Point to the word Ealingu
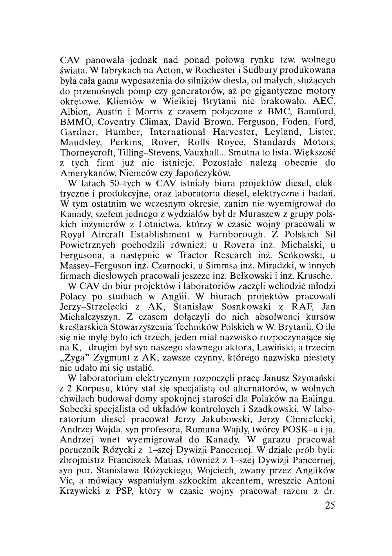(318, 399)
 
